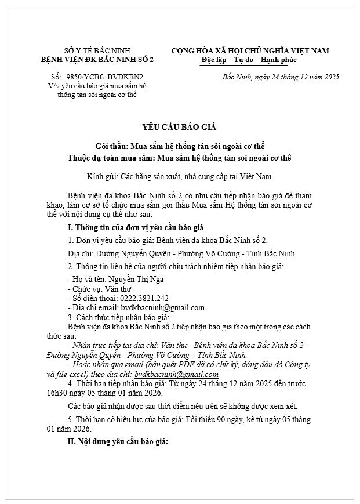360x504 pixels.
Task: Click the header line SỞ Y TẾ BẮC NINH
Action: point(97,51)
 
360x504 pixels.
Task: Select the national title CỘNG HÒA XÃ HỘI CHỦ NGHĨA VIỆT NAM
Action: point(250,51)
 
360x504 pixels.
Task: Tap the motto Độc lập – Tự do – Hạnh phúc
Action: point(249,60)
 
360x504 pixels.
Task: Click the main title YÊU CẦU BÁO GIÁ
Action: point(179,127)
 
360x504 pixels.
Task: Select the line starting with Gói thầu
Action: point(179,146)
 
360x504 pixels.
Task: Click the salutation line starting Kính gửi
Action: point(179,175)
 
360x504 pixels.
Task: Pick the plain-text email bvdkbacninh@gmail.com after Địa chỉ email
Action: point(162,307)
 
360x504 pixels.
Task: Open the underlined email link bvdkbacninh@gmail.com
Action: point(176,375)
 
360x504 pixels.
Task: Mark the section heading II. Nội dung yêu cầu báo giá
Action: point(118,443)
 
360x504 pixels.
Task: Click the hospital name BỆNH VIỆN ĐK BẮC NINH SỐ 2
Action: point(97,60)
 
